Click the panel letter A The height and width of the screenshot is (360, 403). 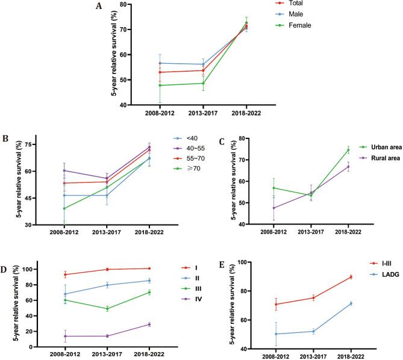pos(98,7)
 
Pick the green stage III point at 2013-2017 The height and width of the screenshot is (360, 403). pos(90,309)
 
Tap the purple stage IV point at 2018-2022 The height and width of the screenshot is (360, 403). pos(131,324)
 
